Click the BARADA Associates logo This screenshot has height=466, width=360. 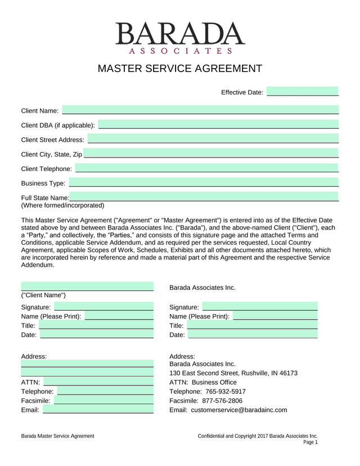coord(180,38)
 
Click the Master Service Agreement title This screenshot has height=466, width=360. coord(180,69)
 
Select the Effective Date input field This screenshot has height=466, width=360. coord(303,92)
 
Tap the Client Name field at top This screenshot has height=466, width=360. coord(200,110)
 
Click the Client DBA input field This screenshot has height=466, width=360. coord(218,124)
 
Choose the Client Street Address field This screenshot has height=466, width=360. coord(213,139)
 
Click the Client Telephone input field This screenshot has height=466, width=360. coord(207,168)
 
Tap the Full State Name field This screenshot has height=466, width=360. coord(204,197)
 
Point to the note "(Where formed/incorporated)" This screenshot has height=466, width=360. coord(62,205)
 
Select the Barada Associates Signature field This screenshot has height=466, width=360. coord(260,307)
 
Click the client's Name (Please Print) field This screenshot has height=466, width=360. coord(119,316)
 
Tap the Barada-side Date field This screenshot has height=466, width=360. coord(253,335)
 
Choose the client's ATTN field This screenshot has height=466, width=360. coord(99,382)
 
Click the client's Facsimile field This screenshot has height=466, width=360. coord(103,400)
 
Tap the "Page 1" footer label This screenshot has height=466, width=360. coord(310,442)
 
